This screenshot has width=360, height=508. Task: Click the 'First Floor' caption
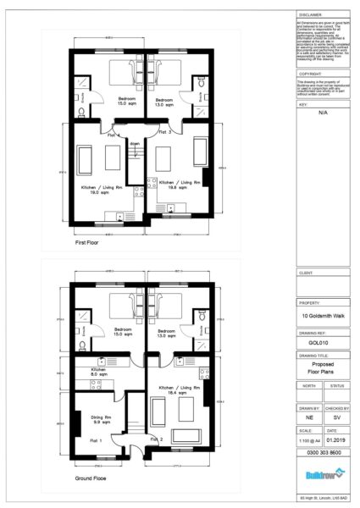click(86, 242)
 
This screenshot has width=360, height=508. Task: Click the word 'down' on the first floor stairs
click(135, 144)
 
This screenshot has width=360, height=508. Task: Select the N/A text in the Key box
click(323, 111)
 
